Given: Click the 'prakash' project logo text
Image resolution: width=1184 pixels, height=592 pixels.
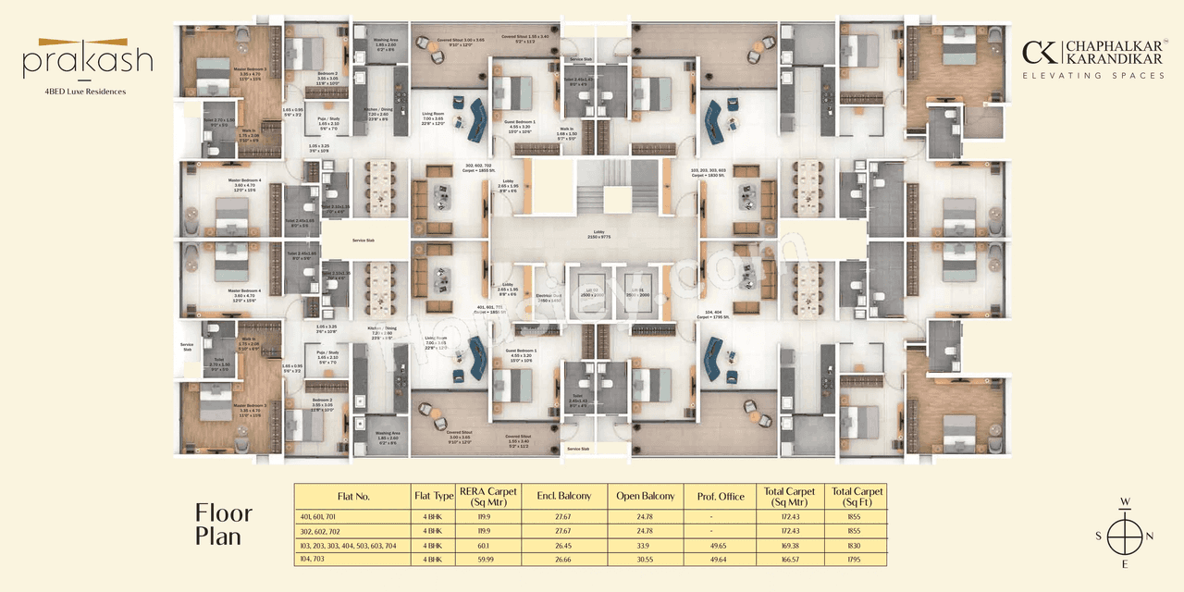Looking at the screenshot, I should tap(88, 63).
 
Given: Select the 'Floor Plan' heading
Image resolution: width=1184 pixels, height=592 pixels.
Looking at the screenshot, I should tap(223, 524).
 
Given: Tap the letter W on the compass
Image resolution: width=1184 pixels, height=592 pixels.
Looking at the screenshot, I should tap(1126, 503).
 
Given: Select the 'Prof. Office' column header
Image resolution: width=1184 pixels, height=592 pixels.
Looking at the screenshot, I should tap(720, 497).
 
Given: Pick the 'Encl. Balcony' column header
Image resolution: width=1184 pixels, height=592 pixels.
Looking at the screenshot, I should tap(564, 497).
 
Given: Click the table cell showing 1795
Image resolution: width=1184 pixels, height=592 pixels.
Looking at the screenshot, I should tap(858, 559).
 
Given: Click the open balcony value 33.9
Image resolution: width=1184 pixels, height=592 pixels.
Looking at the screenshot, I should tap(641, 545).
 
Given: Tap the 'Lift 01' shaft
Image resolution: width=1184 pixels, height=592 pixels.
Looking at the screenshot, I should tap(638, 292).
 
